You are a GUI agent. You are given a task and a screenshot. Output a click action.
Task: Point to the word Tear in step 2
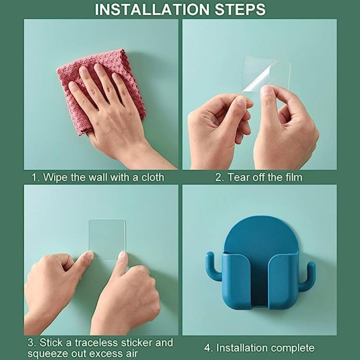pyautogui.click(x=238, y=177)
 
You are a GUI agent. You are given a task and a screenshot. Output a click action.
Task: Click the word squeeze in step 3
pyautogui.click(x=46, y=353)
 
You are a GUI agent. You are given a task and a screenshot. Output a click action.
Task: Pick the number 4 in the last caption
pyautogui.click(x=207, y=348)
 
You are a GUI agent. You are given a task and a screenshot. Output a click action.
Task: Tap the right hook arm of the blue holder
pyautogui.click(x=308, y=275)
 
